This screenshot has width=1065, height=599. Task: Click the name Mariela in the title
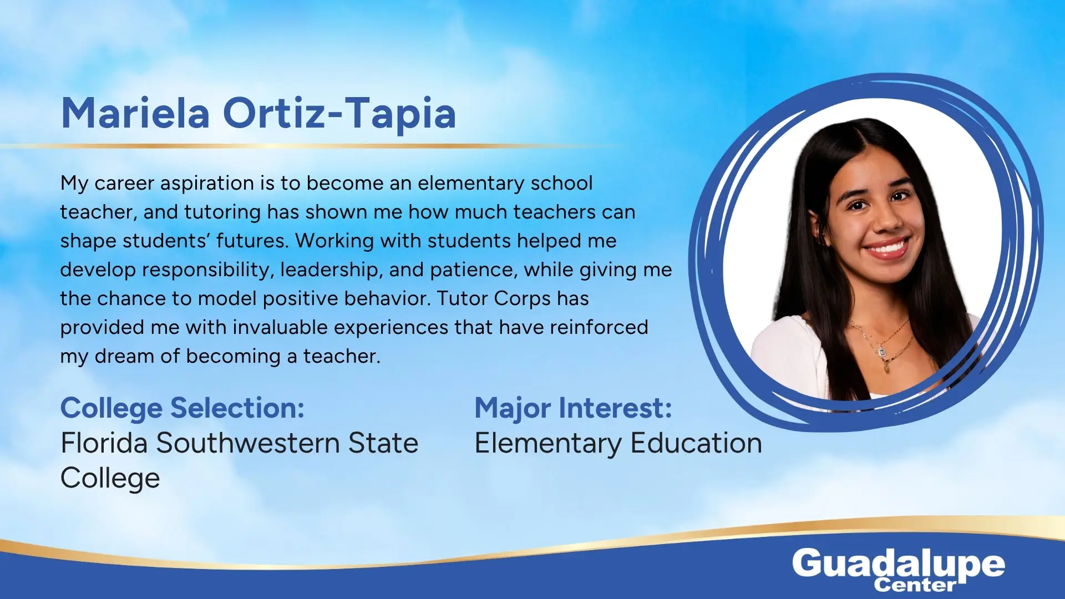coord(135,113)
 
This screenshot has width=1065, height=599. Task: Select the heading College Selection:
coord(182,409)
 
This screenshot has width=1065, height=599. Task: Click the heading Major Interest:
coord(573,409)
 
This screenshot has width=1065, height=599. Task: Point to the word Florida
coord(104,443)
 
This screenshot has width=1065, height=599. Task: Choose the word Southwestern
coord(248,443)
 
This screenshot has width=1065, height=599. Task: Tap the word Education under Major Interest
coord(696,443)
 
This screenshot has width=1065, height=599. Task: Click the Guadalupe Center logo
coord(898,569)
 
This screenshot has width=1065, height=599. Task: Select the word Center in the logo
coord(915,585)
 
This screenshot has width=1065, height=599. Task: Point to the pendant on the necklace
coord(881,352)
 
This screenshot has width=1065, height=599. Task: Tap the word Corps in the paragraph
coord(522,299)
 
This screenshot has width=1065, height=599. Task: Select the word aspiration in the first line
coord(207,184)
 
